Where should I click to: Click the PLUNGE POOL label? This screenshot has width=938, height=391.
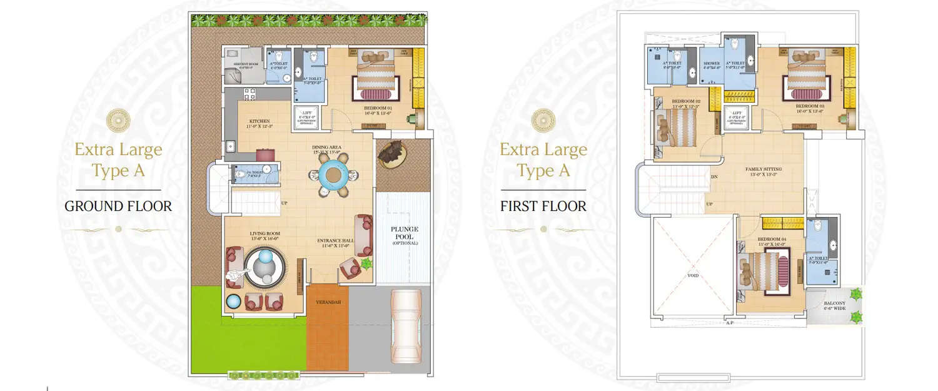click(x=405, y=230)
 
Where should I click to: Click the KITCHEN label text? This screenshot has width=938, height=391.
click(x=260, y=121)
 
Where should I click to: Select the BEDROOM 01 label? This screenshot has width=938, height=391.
click(x=378, y=108)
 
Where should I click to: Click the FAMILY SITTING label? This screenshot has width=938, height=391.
click(x=764, y=169)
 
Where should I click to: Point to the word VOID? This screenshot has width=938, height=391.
click(x=692, y=275)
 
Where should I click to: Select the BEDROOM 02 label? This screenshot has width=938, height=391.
click(x=686, y=101)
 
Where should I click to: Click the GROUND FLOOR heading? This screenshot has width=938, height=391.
click(x=118, y=206)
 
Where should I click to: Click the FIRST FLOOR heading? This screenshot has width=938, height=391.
click(x=543, y=206)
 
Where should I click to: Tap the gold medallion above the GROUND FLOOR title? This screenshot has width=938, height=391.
click(x=118, y=119)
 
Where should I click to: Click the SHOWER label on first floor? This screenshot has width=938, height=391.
click(x=711, y=63)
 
